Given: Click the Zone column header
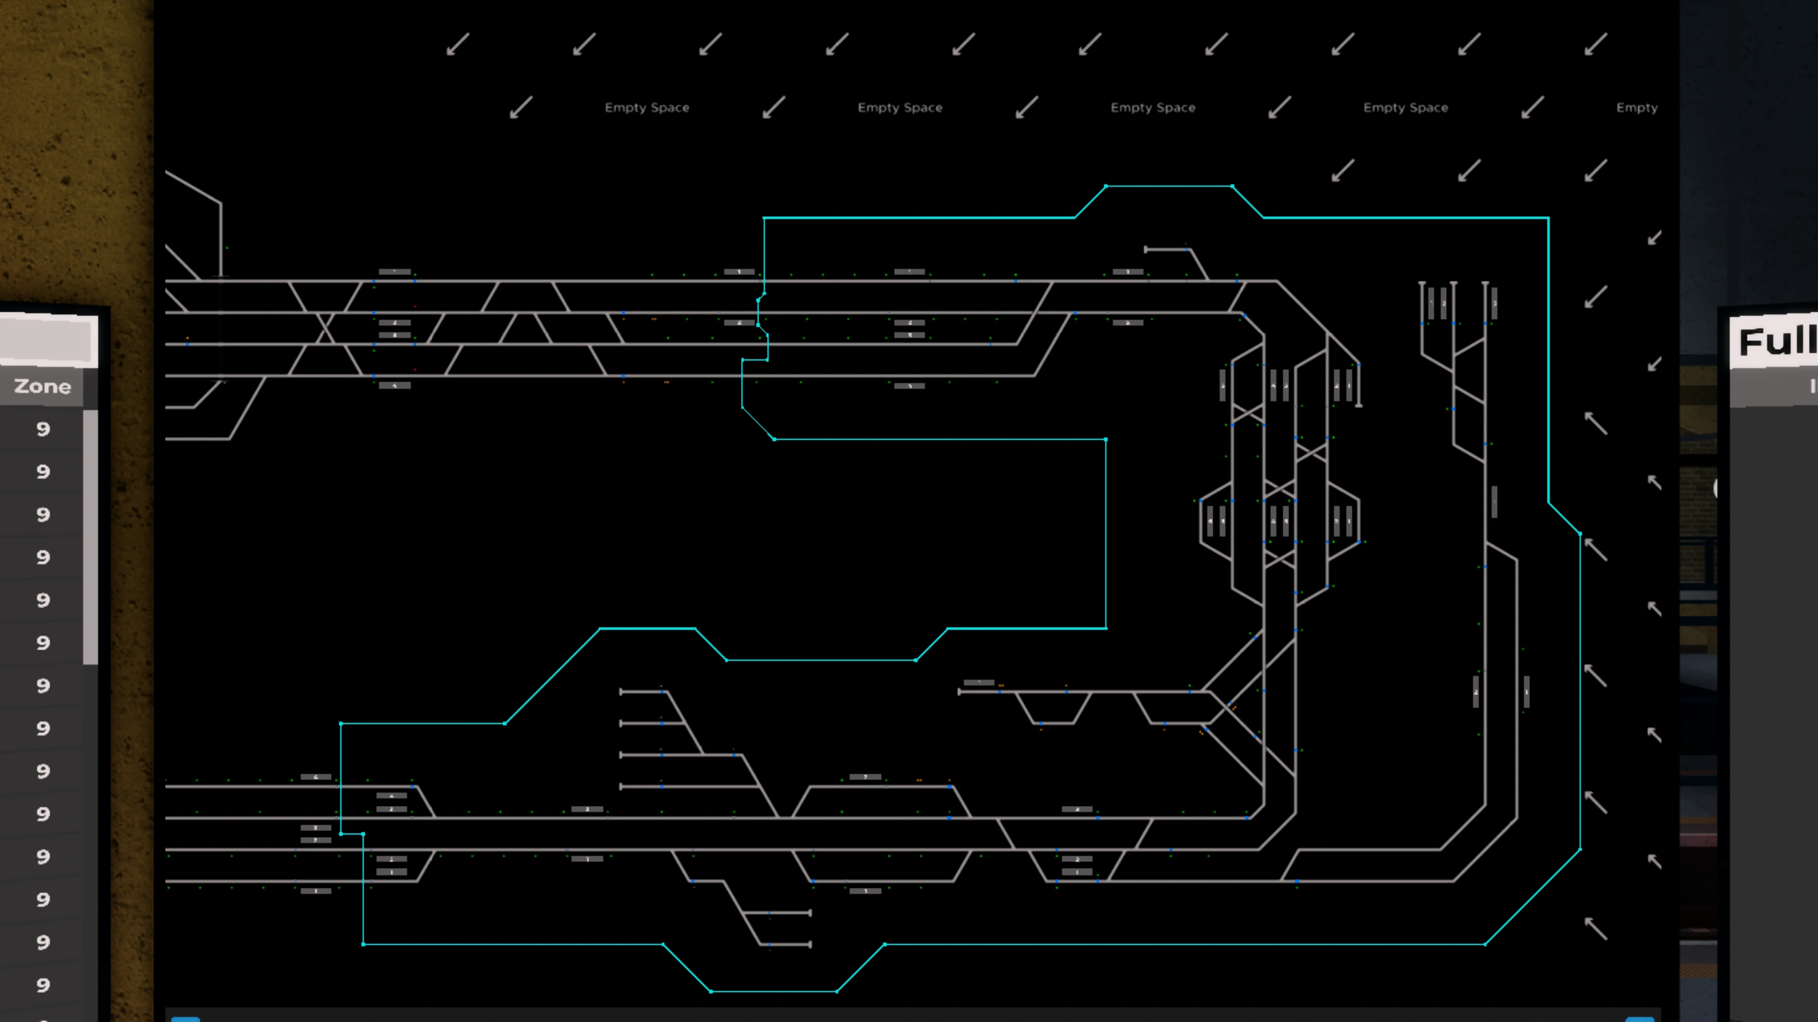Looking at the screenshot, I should coord(42,387).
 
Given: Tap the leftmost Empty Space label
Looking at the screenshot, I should coord(646,108).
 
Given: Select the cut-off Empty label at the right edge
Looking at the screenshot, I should coord(1637,108).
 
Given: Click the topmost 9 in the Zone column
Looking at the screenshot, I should coord(43,429).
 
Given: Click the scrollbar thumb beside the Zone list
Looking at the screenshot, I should coord(90,536).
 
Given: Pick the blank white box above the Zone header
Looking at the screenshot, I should coord(48,341).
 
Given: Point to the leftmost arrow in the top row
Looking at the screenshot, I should coord(458,45).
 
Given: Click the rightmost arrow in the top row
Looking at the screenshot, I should coord(1595,45).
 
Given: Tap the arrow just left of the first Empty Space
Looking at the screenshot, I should coord(521,108).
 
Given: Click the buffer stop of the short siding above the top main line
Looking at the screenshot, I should coord(1146,249).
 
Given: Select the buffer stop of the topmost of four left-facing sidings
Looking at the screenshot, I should coord(621,692).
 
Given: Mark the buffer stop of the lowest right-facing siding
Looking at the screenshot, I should coord(810,944).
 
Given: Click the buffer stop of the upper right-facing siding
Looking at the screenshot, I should coord(810,913).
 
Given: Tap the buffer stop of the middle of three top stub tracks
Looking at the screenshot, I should coord(1453,284).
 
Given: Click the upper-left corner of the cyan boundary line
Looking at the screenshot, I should coord(764,218).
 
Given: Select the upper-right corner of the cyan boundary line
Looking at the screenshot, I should coord(1548,218).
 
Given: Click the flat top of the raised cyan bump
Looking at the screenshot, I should coord(1169,186).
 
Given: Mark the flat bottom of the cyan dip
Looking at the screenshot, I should coord(774,991).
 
